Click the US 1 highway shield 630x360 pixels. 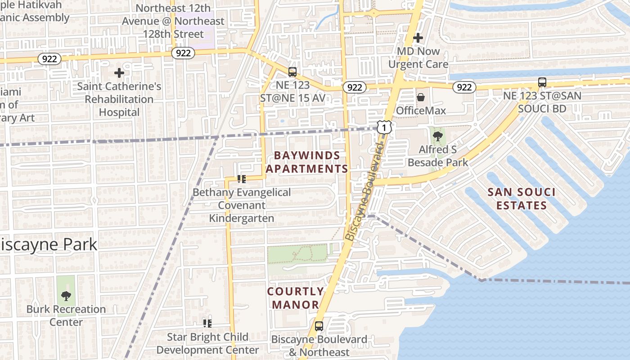384,128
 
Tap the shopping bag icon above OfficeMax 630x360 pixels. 421,97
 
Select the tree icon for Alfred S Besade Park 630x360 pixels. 437,136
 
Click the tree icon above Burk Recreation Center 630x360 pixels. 66,296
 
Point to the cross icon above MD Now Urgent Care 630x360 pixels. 418,38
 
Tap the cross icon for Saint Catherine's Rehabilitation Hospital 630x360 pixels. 119,72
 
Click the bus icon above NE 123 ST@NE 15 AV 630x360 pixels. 292,72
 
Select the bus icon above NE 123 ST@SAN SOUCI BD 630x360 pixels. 542,82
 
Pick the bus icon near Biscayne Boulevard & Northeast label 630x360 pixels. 319,326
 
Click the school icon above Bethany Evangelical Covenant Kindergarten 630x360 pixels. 242,179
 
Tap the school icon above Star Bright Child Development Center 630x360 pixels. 207,323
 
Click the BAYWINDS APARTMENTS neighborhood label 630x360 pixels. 307,162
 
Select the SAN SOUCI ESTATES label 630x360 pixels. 522,199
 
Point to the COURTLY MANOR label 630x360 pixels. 295,298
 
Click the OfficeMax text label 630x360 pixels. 421,111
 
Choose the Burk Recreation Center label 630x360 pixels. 66,315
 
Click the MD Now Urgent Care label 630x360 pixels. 418,58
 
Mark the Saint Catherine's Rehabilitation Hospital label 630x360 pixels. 119,99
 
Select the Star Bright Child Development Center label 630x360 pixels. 207,343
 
